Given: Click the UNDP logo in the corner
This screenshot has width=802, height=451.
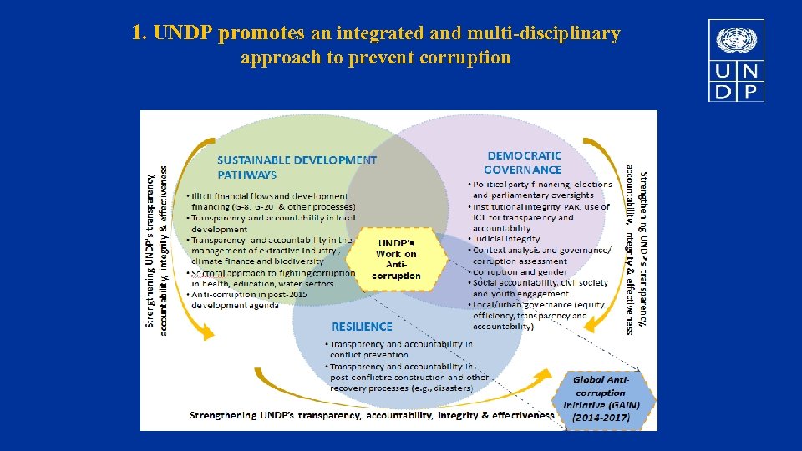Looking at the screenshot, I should pyautogui.click(x=736, y=61).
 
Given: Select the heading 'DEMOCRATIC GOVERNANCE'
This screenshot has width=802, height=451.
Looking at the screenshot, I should pyautogui.click(x=525, y=162).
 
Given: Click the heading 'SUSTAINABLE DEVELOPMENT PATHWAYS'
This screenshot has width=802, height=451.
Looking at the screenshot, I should pyautogui.click(x=297, y=167).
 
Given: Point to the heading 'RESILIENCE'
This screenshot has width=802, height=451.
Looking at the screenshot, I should pyautogui.click(x=362, y=326).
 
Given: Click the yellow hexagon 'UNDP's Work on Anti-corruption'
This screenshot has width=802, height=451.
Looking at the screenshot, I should pyautogui.click(x=397, y=259).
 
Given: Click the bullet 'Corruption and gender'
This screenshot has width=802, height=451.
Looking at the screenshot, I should pyautogui.click(x=520, y=271).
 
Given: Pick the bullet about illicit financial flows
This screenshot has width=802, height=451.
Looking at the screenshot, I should pyautogui.click(x=272, y=200).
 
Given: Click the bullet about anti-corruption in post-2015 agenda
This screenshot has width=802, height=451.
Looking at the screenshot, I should pyautogui.click(x=251, y=300).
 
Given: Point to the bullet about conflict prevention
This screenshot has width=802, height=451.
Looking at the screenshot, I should pyautogui.click(x=401, y=349).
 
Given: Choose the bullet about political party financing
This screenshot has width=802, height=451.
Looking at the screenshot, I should pyautogui.click(x=542, y=190).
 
